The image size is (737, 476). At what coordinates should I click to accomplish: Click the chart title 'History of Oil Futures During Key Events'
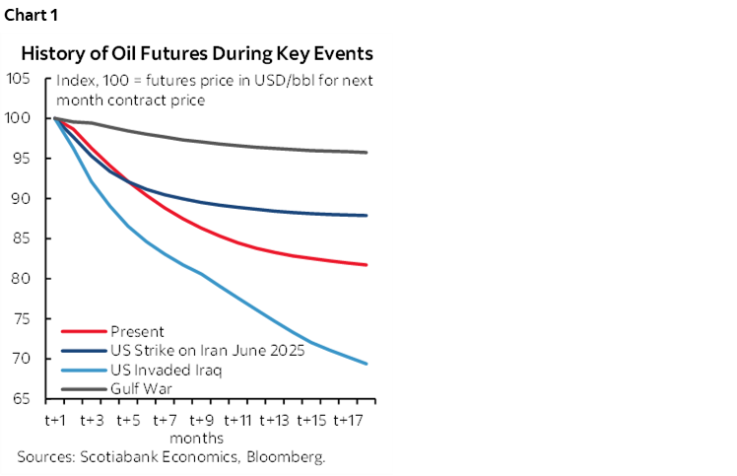click(x=197, y=52)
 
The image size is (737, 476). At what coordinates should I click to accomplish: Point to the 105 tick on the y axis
click(x=19, y=78)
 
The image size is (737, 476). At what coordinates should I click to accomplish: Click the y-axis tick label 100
click(x=19, y=118)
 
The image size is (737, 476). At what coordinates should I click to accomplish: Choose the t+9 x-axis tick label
click(x=200, y=419)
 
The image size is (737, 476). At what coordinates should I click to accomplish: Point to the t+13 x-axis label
click(x=274, y=419)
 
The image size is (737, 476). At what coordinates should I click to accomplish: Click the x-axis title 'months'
click(x=196, y=437)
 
